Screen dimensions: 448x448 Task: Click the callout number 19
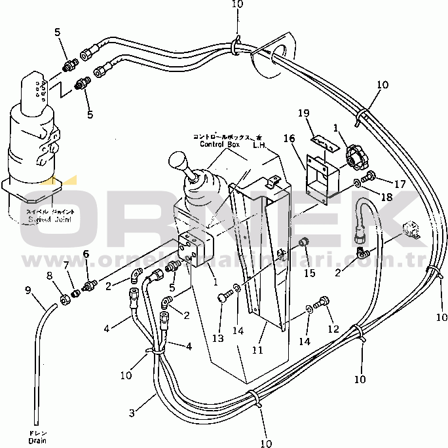tap(322, 114)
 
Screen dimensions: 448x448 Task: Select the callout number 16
tap(289, 138)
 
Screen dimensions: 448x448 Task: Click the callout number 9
tap(28, 290)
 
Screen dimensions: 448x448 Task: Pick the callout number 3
tap(132, 413)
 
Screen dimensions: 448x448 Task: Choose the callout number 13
tap(217, 338)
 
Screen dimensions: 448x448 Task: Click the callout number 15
tap(309, 272)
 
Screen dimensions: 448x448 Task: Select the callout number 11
tap(258, 350)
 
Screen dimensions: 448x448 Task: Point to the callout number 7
tap(65, 265)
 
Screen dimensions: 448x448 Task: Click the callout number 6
tap(86, 254)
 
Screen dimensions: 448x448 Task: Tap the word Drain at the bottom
tap(37, 441)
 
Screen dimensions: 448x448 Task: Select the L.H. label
tap(259, 145)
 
